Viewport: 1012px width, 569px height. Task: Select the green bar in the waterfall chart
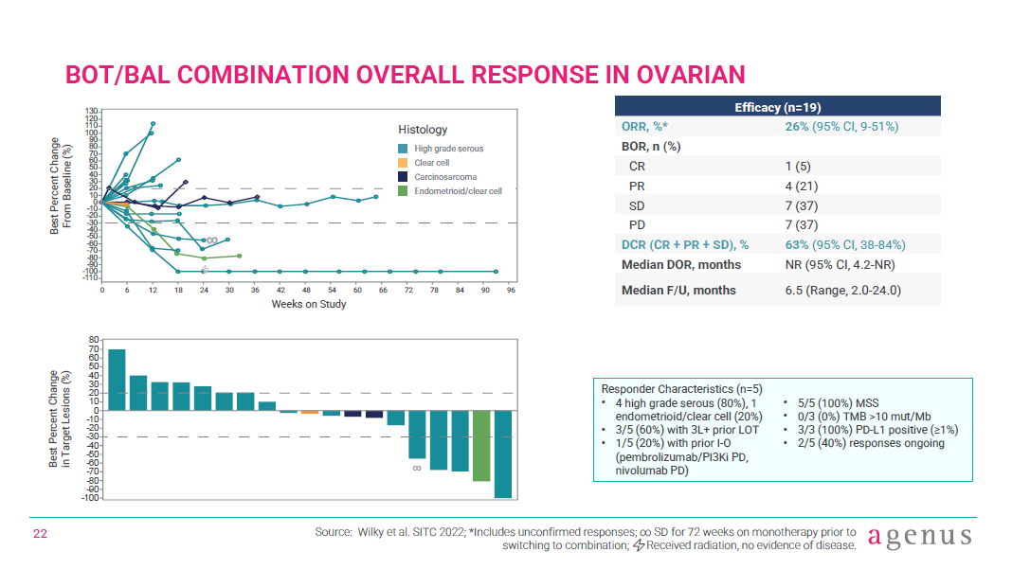click(481, 446)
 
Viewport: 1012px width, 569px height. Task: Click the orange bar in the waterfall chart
click(310, 412)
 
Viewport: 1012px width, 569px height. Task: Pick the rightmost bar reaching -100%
click(503, 453)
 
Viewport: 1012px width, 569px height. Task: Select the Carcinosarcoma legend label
click(445, 177)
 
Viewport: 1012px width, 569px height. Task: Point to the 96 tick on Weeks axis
click(510, 292)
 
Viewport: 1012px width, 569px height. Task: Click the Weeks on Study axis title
click(309, 304)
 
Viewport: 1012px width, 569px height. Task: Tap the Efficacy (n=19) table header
click(777, 107)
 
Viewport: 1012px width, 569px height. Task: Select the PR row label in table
click(637, 186)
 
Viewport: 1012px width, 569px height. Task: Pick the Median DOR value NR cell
click(840, 264)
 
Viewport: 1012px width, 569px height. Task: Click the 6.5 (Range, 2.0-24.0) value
click(842, 290)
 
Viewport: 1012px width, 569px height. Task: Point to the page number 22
click(41, 535)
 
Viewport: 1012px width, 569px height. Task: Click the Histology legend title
click(423, 130)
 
